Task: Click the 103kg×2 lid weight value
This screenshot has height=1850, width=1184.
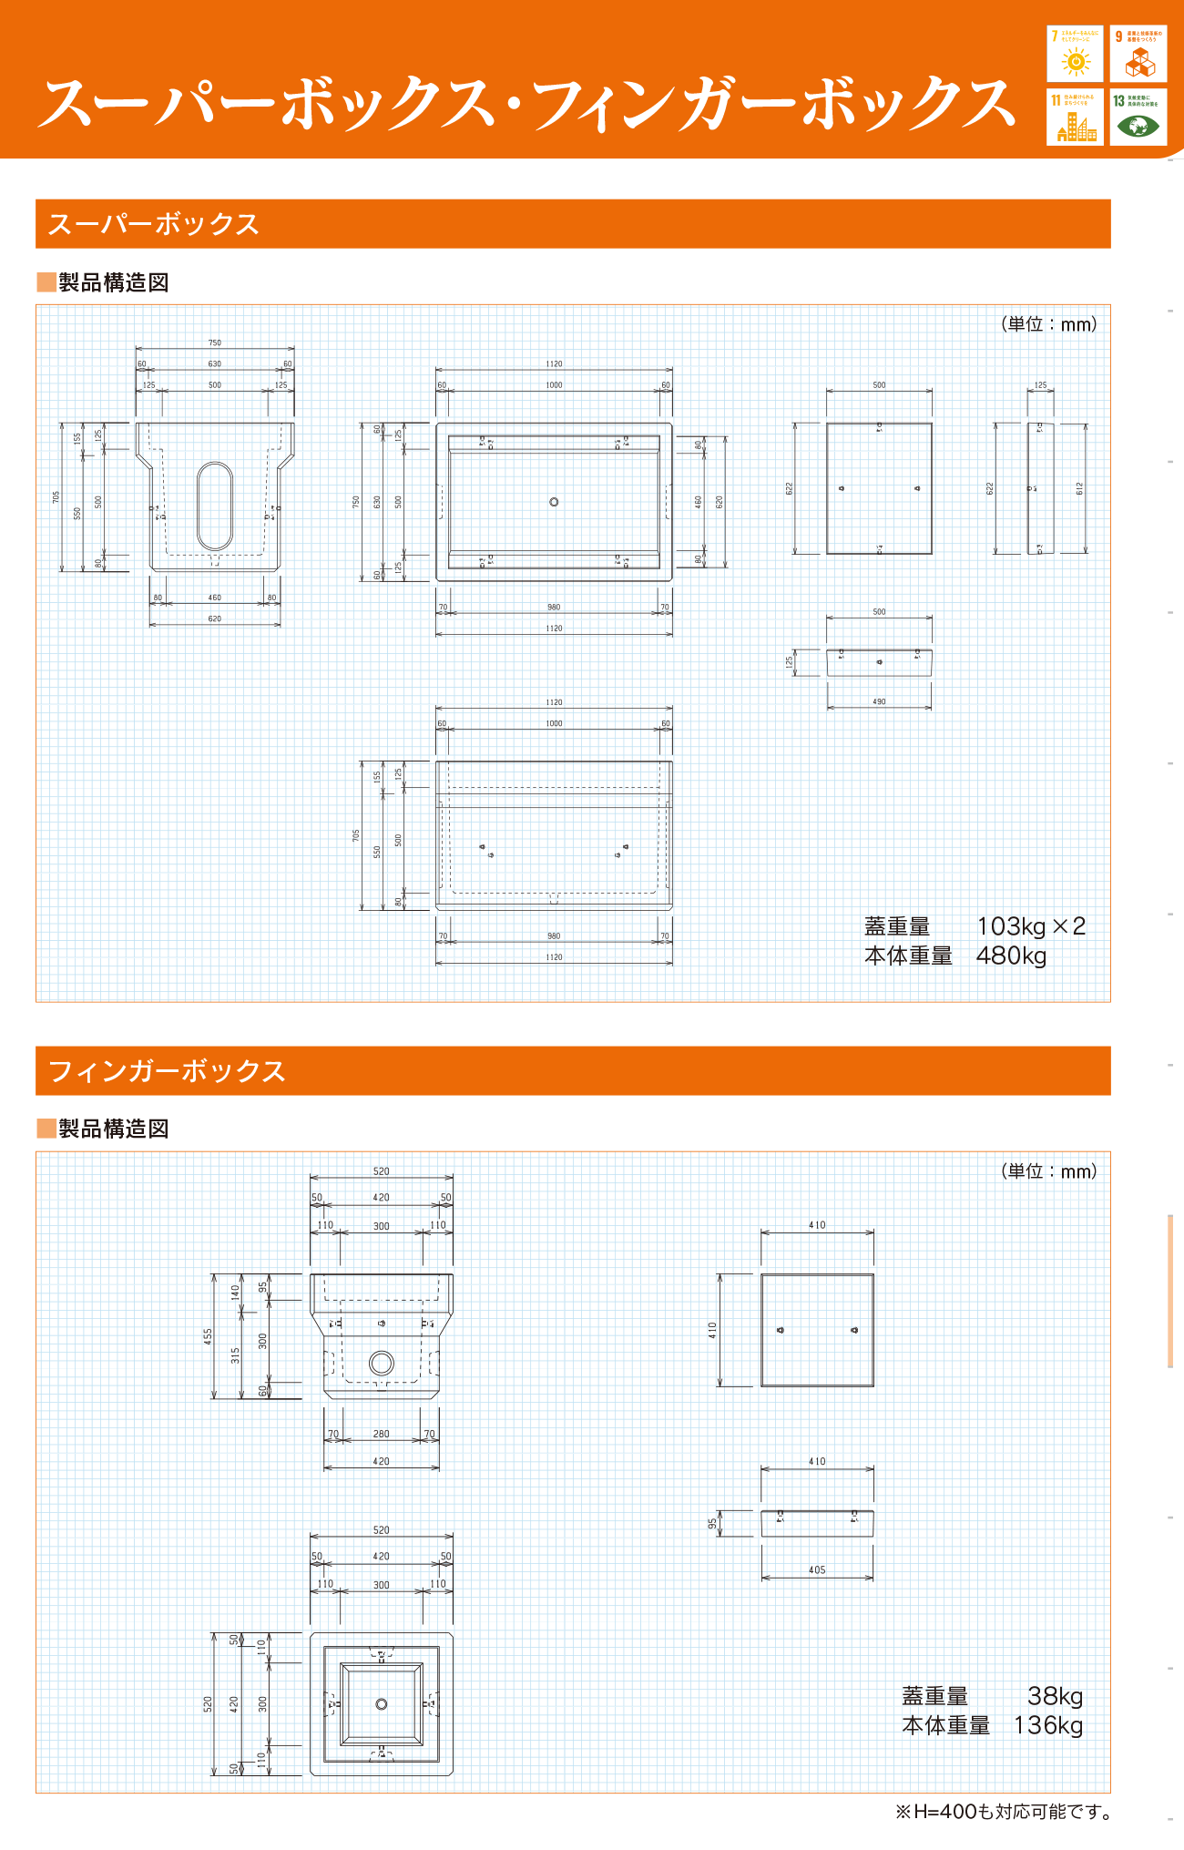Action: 1031,926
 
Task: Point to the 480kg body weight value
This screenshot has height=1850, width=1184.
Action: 1011,956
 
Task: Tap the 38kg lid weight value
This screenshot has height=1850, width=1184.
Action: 1055,1696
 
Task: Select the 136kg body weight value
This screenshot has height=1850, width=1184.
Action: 1047,1725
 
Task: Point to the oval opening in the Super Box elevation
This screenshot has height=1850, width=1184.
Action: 215,506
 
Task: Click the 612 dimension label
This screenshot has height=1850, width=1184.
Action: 1080,488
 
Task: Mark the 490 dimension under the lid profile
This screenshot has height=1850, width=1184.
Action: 879,701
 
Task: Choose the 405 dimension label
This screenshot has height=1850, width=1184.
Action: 817,1569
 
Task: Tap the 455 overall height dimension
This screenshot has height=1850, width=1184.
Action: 209,1336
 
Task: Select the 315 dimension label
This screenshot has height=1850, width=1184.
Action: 236,1355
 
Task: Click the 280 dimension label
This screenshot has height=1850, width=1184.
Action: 381,1434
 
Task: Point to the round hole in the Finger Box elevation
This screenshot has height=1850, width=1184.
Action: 381,1363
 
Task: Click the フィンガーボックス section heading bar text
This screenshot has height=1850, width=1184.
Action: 167,1071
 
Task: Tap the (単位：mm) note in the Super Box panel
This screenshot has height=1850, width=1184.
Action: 1048,324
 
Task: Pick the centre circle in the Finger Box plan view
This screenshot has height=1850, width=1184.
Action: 382,1703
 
